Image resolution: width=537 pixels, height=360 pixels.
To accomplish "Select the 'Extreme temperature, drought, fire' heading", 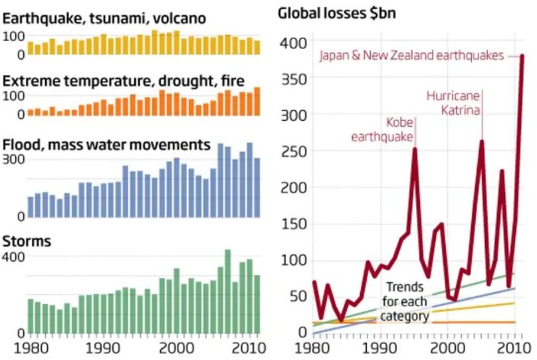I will coord(124,80).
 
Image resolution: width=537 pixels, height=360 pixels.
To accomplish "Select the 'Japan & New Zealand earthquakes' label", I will coord(411,56).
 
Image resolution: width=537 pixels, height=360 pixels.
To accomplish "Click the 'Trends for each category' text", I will coord(405,301).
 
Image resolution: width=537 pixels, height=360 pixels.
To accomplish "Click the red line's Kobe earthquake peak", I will coord(415,149).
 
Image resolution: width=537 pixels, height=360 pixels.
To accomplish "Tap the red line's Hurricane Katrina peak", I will coord(481,141).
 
